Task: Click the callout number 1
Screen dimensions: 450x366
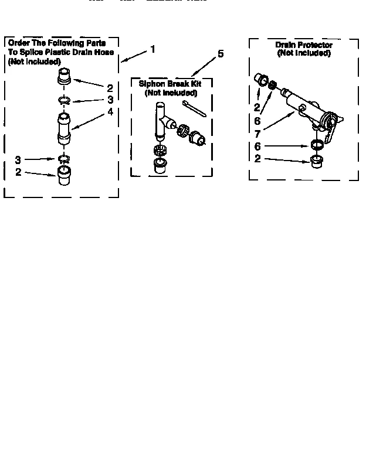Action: coord(153,50)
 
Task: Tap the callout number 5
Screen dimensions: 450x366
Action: coord(221,54)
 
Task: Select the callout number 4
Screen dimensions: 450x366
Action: coord(110,112)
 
